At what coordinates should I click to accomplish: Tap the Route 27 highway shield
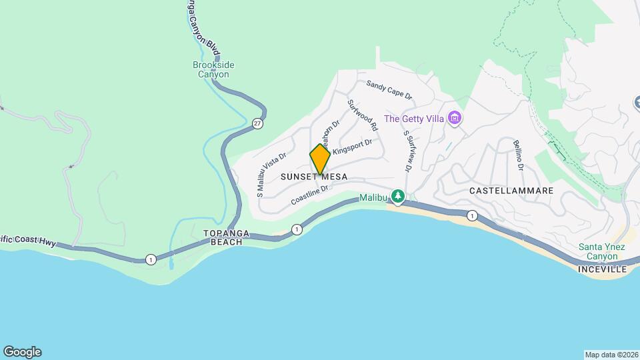click(257, 123)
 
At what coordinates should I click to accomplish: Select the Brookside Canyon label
click(213, 69)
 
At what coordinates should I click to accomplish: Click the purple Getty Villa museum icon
click(455, 119)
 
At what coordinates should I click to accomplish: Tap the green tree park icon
click(398, 196)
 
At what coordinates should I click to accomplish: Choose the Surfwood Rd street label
click(363, 115)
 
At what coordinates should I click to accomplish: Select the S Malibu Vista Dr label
click(271, 172)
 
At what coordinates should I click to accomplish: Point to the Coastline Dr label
click(311, 196)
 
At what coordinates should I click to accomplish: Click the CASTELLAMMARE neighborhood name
click(511, 191)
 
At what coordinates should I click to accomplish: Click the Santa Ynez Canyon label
click(602, 251)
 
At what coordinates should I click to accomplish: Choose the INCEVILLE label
click(602, 269)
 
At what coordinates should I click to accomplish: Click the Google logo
click(22, 352)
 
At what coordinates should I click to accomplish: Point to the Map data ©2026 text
click(611, 355)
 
